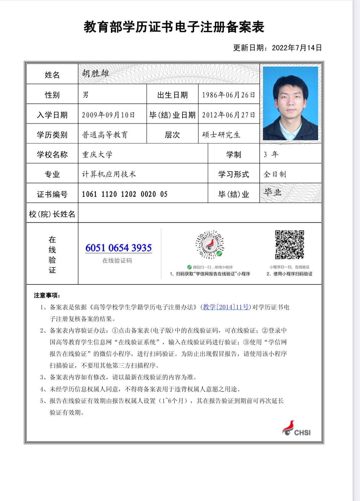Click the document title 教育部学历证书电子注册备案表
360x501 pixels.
pyautogui.click(x=174, y=27)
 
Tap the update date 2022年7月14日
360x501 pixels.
pyautogui.click(x=297, y=48)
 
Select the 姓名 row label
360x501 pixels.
pyautogui.click(x=52, y=75)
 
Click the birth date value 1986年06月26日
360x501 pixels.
pyautogui.click(x=229, y=95)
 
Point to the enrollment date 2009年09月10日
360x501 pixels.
pyautogui.click(x=108, y=115)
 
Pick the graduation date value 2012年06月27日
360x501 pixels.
pyautogui.click(x=229, y=115)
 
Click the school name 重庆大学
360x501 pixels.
pyautogui.click(x=97, y=154)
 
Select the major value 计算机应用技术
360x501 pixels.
pyautogui.click(x=109, y=174)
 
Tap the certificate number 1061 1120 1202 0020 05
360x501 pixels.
pyautogui.click(x=125, y=194)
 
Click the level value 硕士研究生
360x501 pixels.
pyautogui.click(x=221, y=135)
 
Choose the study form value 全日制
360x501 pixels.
pyautogui.click(x=275, y=174)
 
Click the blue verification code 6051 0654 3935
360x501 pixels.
pyautogui.click(x=119, y=248)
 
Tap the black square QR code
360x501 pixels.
pyautogui.click(x=290, y=245)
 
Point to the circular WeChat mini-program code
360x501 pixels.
pyautogui.click(x=210, y=245)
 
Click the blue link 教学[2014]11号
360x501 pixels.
pyautogui.click(x=226, y=307)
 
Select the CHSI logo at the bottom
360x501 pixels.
pyautogui.click(x=296, y=429)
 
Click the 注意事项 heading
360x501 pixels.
pyautogui.click(x=47, y=295)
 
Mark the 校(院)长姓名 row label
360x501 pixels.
pyautogui.click(x=52, y=214)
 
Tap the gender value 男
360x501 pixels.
pyautogui.click(x=85, y=95)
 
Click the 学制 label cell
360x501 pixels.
pyautogui.click(x=234, y=154)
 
